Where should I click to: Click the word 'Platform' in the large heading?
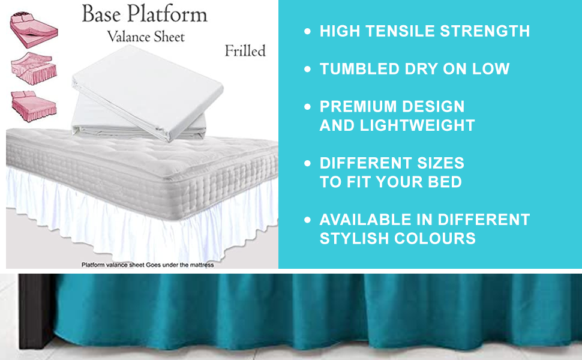tap(169, 14)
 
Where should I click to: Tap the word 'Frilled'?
tap(245, 50)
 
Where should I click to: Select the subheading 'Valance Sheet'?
tap(146, 36)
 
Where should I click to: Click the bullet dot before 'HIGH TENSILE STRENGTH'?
tap(308, 31)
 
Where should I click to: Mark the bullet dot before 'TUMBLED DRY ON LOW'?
tap(308, 69)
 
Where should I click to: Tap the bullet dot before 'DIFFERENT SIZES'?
tap(308, 163)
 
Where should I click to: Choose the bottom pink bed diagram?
tap(34, 103)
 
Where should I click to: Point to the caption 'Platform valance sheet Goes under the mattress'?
tap(147, 264)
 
